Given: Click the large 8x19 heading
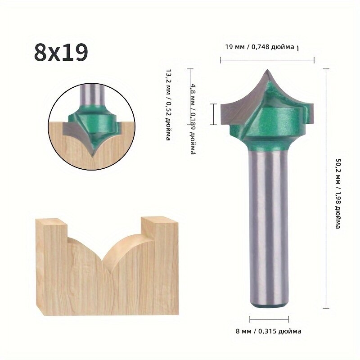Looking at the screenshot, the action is point(61,52).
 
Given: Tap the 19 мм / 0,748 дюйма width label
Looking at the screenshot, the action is point(260,47).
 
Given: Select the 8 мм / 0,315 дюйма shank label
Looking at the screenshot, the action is point(269,331).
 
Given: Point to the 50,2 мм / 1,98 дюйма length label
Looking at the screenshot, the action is point(337,193).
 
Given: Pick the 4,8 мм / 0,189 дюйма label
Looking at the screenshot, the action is point(193,119).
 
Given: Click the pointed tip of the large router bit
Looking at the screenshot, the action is point(267,70).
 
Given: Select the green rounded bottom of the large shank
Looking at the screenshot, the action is point(269,306).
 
